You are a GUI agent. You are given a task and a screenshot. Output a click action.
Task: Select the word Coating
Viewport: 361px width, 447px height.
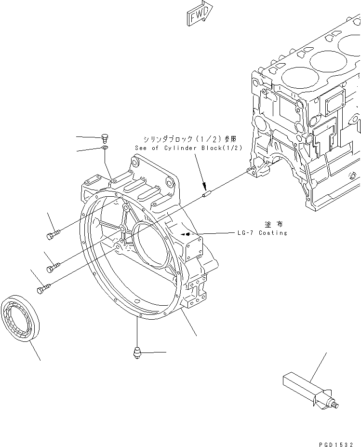tap(273, 233)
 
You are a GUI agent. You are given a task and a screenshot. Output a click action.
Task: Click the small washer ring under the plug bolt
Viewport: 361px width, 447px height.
tap(106, 148)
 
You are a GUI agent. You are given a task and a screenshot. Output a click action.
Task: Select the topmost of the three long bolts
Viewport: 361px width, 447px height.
tap(53, 234)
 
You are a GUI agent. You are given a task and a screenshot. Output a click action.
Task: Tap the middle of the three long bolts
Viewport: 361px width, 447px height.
tap(53, 265)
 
